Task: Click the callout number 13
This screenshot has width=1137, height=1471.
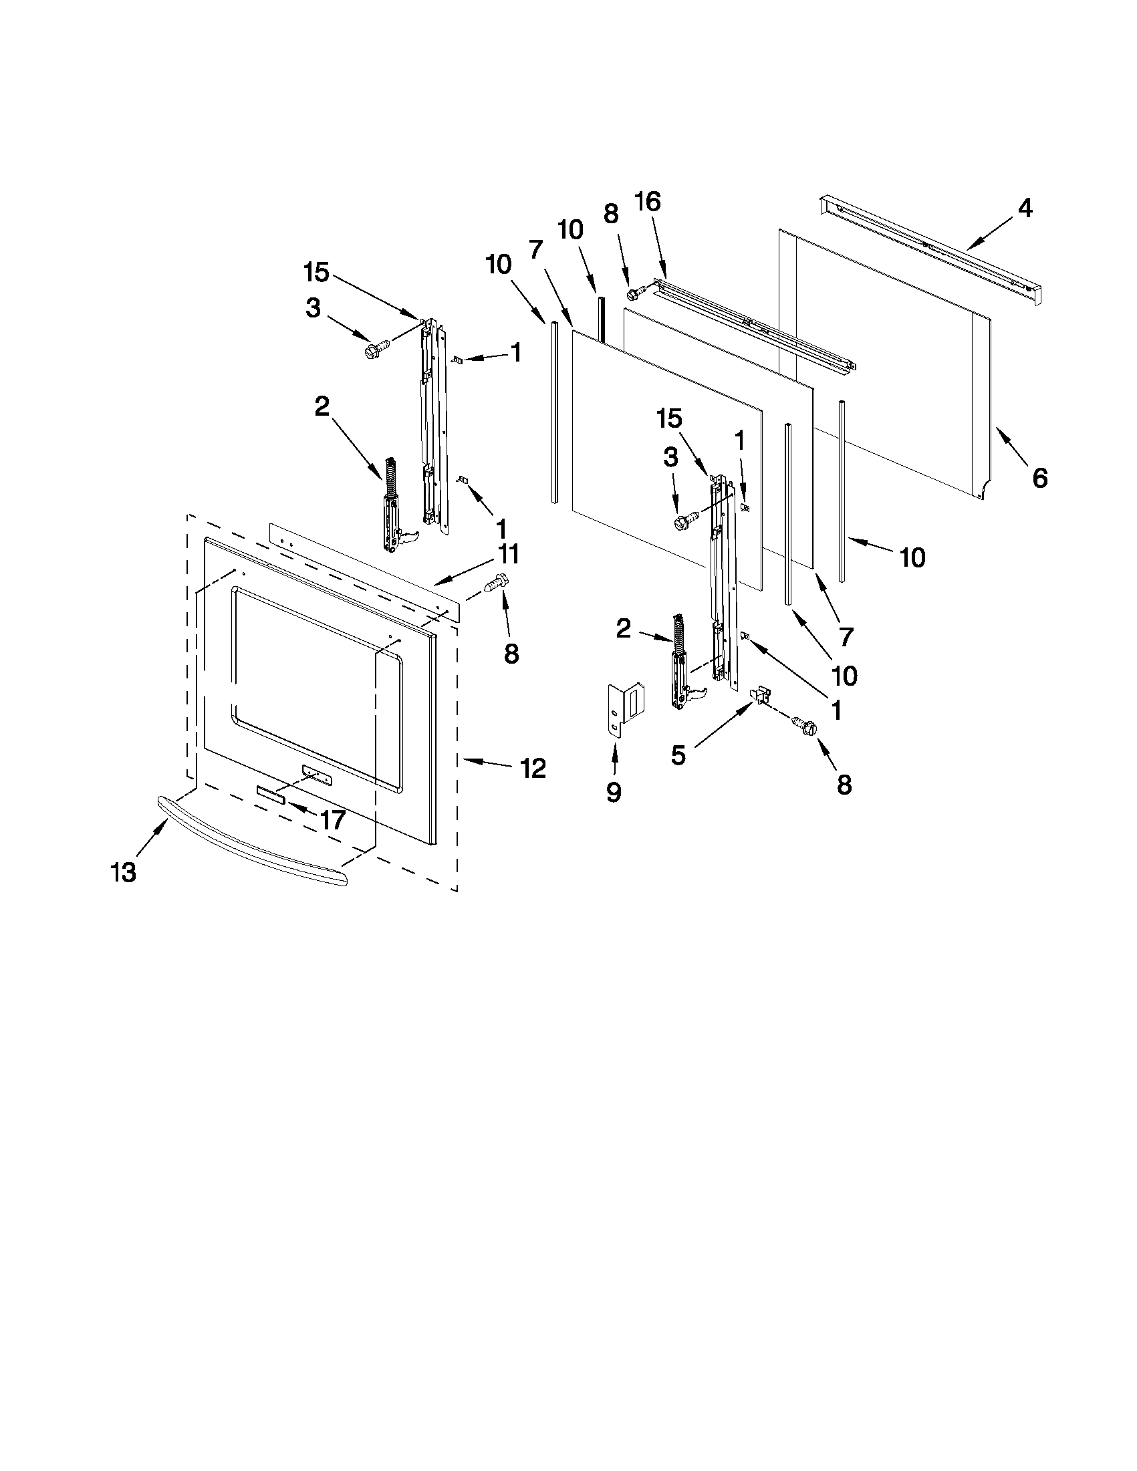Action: pos(124,873)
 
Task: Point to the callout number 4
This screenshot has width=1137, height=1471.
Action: pos(1024,209)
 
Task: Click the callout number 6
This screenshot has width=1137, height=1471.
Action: pos(1040,479)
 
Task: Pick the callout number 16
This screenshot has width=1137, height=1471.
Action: pos(647,201)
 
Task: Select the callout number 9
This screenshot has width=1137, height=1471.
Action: pos(614,793)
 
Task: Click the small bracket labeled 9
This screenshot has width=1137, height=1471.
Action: pos(625,709)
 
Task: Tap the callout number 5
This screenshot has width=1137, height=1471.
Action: pos(678,756)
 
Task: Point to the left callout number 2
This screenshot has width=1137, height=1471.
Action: pos(322,406)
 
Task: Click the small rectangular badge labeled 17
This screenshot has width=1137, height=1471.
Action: pos(271,795)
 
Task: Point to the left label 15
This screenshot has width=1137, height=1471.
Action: pos(316,273)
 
